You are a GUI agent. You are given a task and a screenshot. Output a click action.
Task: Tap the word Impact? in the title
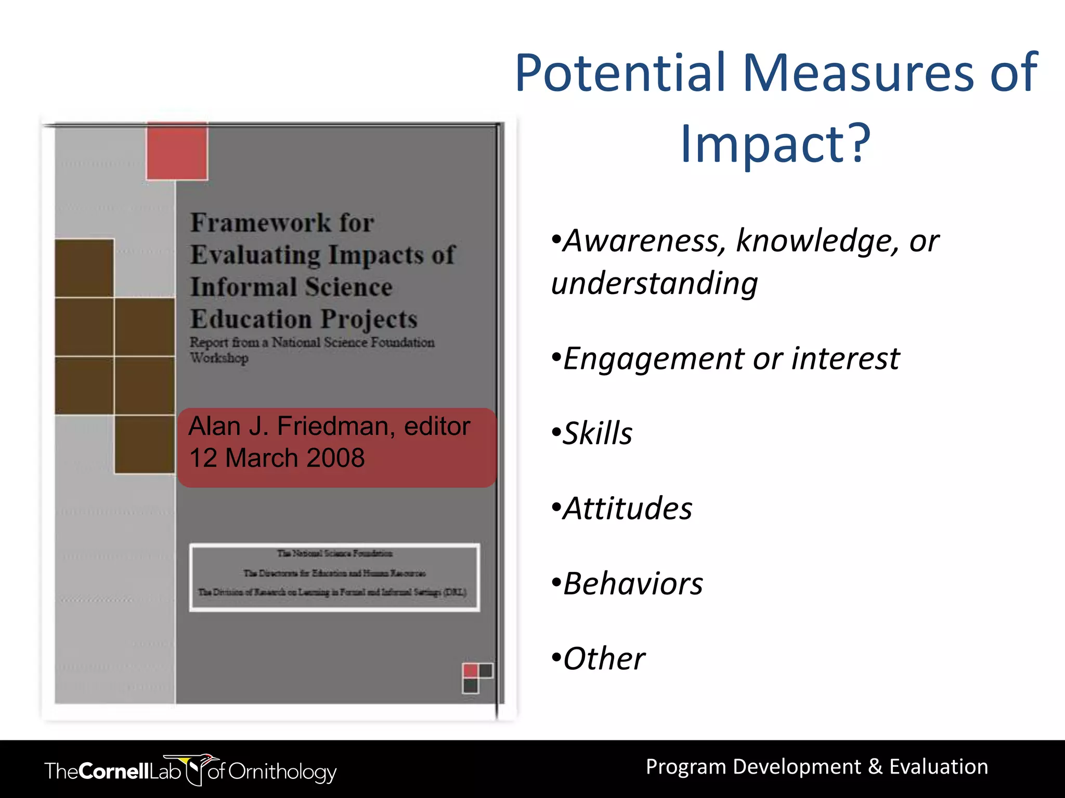point(775,144)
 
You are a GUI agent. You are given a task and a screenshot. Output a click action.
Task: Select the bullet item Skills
point(597,434)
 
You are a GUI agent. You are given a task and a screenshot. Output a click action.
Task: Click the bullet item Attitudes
point(627,509)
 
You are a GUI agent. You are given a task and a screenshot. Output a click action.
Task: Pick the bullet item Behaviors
point(632,584)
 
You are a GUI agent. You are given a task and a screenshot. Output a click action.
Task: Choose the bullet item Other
point(603,659)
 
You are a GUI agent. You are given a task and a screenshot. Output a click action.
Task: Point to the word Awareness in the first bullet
point(645,241)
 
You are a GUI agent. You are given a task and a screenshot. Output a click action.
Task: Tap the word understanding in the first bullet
point(654,284)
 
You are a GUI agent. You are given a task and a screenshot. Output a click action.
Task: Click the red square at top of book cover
point(177,152)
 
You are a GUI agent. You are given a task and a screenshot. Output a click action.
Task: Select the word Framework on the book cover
point(260,223)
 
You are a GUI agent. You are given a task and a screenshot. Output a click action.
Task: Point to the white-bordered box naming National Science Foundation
point(334,577)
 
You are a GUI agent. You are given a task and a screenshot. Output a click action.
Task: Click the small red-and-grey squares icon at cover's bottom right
point(477,677)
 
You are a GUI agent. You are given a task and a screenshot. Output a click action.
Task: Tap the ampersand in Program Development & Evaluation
point(875,767)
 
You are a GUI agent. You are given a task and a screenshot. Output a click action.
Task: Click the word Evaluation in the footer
point(939,767)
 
